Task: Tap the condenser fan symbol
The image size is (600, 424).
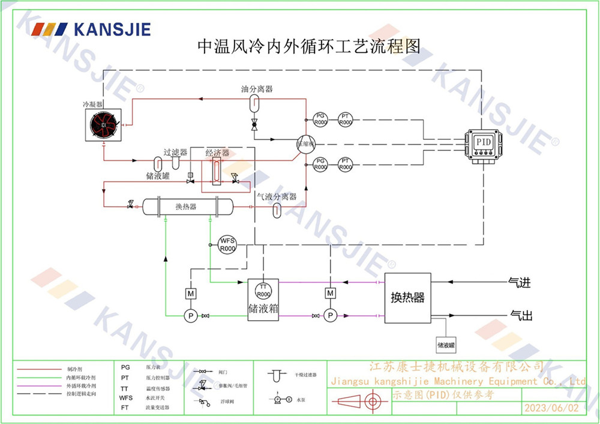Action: click(104, 124)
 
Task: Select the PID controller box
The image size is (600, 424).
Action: click(483, 144)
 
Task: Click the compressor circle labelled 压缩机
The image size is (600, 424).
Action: click(305, 144)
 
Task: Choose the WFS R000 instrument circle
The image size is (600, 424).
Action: click(227, 243)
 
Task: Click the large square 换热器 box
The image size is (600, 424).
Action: click(407, 298)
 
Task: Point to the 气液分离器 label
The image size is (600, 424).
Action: click(277, 196)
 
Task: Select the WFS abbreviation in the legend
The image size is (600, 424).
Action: click(125, 398)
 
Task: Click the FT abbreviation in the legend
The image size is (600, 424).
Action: click(125, 407)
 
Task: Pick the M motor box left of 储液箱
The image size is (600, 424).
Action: click(191, 293)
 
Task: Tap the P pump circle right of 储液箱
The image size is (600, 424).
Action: click(329, 315)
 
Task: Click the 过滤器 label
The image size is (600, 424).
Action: click(175, 153)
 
